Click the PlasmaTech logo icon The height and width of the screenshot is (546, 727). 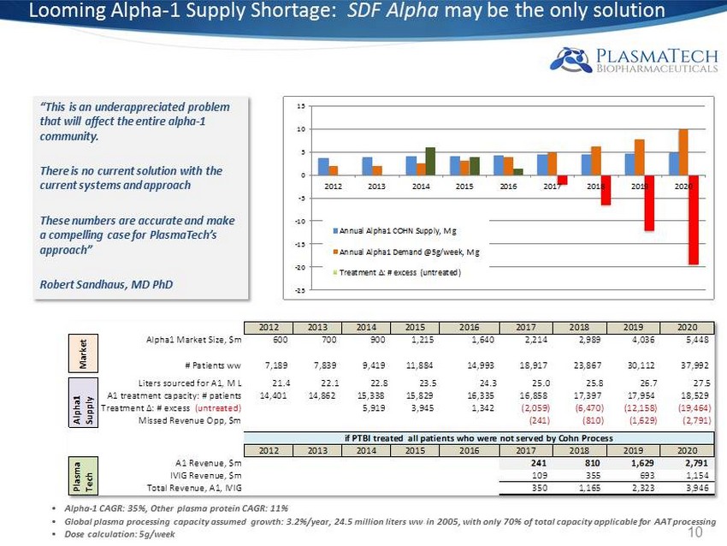pos(567,58)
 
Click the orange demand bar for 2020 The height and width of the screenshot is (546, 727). pos(683,152)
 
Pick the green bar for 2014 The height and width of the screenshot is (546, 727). pos(430,161)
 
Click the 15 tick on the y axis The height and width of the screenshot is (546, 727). pos(302,106)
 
